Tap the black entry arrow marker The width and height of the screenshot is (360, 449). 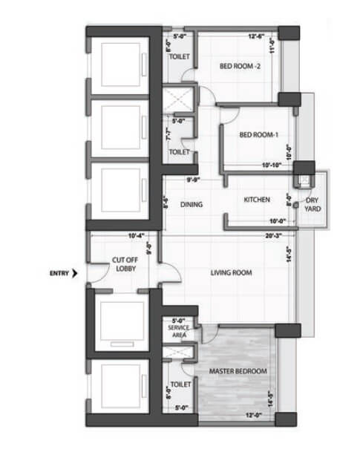tap(76, 273)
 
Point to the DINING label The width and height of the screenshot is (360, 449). tap(192, 205)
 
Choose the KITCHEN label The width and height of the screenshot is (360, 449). tap(257, 200)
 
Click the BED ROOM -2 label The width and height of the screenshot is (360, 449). tap(240, 66)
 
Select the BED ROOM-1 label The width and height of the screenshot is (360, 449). tap(258, 135)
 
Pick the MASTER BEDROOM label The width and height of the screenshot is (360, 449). tap(238, 371)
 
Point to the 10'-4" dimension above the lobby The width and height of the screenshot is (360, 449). tap(136, 237)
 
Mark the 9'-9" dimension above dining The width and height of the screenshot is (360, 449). tap(194, 179)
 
